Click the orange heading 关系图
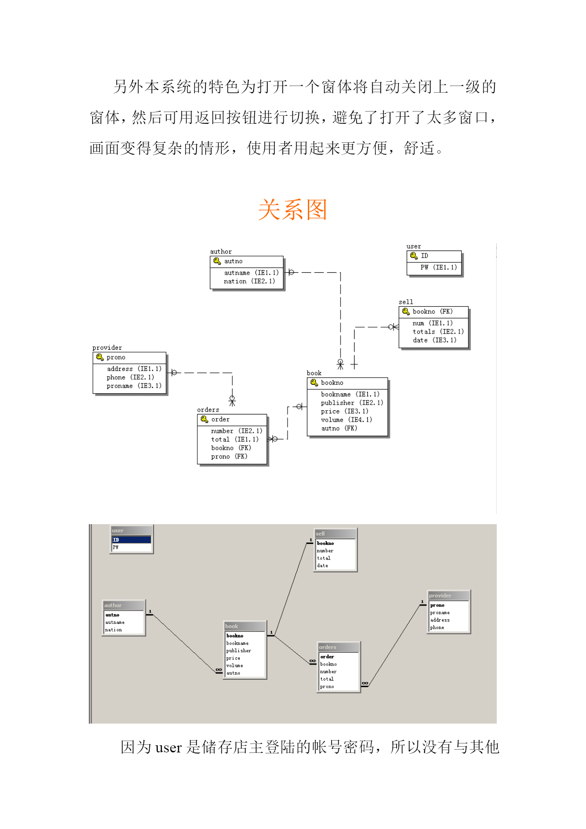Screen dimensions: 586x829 (x=293, y=209)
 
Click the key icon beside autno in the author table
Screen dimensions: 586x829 (x=217, y=261)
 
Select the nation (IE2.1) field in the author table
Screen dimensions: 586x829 (x=249, y=281)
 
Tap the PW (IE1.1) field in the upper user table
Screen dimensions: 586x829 (x=439, y=268)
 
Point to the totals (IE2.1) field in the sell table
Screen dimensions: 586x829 (x=438, y=332)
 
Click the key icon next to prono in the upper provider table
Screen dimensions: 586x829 (x=100, y=357)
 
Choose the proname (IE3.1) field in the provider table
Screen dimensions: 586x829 (x=134, y=386)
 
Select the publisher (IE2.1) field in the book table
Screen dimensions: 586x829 (x=352, y=403)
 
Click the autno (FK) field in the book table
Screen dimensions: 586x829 (x=339, y=428)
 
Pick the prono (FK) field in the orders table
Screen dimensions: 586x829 (x=229, y=457)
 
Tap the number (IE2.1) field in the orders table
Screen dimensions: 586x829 (x=237, y=431)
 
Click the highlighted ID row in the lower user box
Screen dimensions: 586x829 (x=131, y=540)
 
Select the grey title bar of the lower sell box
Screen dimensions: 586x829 (x=335, y=534)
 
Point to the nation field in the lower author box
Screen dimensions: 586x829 (x=113, y=630)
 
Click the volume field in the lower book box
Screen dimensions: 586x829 (x=235, y=665)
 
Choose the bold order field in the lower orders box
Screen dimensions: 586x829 (x=327, y=656)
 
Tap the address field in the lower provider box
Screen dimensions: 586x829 (x=440, y=620)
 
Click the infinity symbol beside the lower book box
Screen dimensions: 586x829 (x=219, y=670)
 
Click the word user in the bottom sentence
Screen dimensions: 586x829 (x=168, y=748)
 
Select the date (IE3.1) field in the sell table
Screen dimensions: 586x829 (x=434, y=340)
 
